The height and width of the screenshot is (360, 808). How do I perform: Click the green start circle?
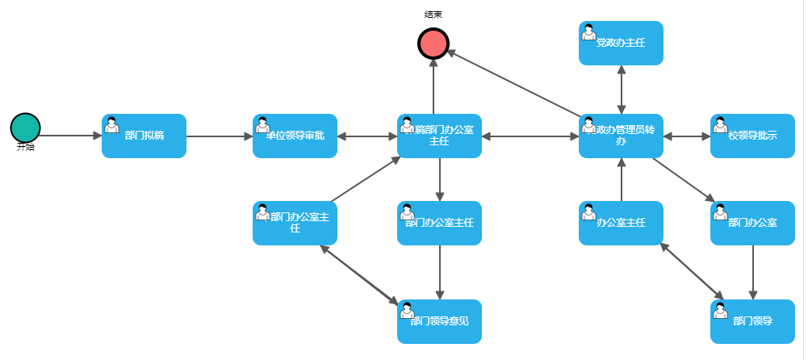[x=25, y=128]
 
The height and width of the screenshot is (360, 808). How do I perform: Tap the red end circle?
[x=433, y=43]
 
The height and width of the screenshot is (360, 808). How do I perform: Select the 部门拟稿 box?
[x=144, y=136]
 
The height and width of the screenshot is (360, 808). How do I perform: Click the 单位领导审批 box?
[x=295, y=136]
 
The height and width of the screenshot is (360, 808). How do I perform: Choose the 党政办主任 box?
[x=621, y=43]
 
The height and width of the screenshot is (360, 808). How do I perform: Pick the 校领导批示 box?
[x=752, y=136]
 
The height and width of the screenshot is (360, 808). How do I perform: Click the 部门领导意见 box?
[x=439, y=321]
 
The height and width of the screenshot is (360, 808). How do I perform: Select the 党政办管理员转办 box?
[x=621, y=136]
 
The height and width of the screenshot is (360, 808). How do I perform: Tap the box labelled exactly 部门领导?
[x=752, y=321]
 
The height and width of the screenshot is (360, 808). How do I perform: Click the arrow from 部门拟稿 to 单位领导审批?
[x=220, y=136]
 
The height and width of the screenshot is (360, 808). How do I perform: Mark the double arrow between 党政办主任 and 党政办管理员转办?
[x=621, y=89]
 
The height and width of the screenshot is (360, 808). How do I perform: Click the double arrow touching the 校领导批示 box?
[x=687, y=136]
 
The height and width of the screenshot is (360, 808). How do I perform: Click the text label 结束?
[x=433, y=15]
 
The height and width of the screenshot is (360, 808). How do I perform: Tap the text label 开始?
[x=26, y=148]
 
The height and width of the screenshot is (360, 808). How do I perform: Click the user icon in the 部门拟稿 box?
[x=111, y=125]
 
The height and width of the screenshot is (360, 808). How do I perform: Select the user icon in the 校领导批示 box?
[x=720, y=125]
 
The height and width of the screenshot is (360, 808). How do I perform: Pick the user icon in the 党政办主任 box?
[x=589, y=32]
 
